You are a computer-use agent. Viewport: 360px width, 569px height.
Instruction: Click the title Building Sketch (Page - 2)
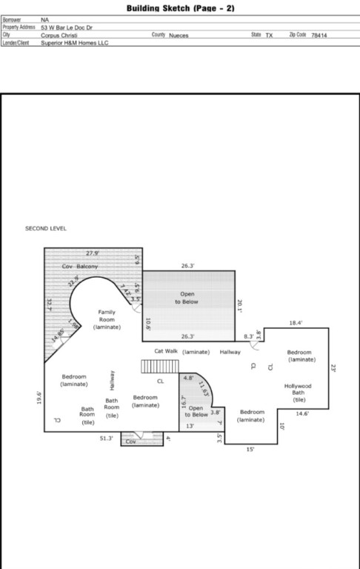[181, 9]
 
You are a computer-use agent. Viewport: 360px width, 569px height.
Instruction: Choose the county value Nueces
[179, 35]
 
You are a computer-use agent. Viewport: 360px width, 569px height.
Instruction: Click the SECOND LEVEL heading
[46, 228]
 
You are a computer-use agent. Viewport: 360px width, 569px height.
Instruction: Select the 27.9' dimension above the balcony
[92, 253]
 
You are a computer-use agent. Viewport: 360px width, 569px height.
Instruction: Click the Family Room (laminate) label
[107, 319]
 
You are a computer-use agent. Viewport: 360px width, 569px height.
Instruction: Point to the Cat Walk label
[166, 351]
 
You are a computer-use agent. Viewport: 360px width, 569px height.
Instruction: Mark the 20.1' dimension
[240, 305]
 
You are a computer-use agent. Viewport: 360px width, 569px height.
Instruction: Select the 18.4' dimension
[296, 323]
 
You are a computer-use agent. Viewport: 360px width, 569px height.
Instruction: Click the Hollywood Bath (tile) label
[299, 392]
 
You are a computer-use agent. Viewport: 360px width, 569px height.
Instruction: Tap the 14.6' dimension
[302, 413]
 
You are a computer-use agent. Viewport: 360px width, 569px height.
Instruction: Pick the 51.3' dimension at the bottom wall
[107, 438]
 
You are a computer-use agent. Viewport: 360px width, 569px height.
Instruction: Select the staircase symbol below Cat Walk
[160, 367]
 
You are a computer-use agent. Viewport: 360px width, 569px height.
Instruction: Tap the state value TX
[269, 35]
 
